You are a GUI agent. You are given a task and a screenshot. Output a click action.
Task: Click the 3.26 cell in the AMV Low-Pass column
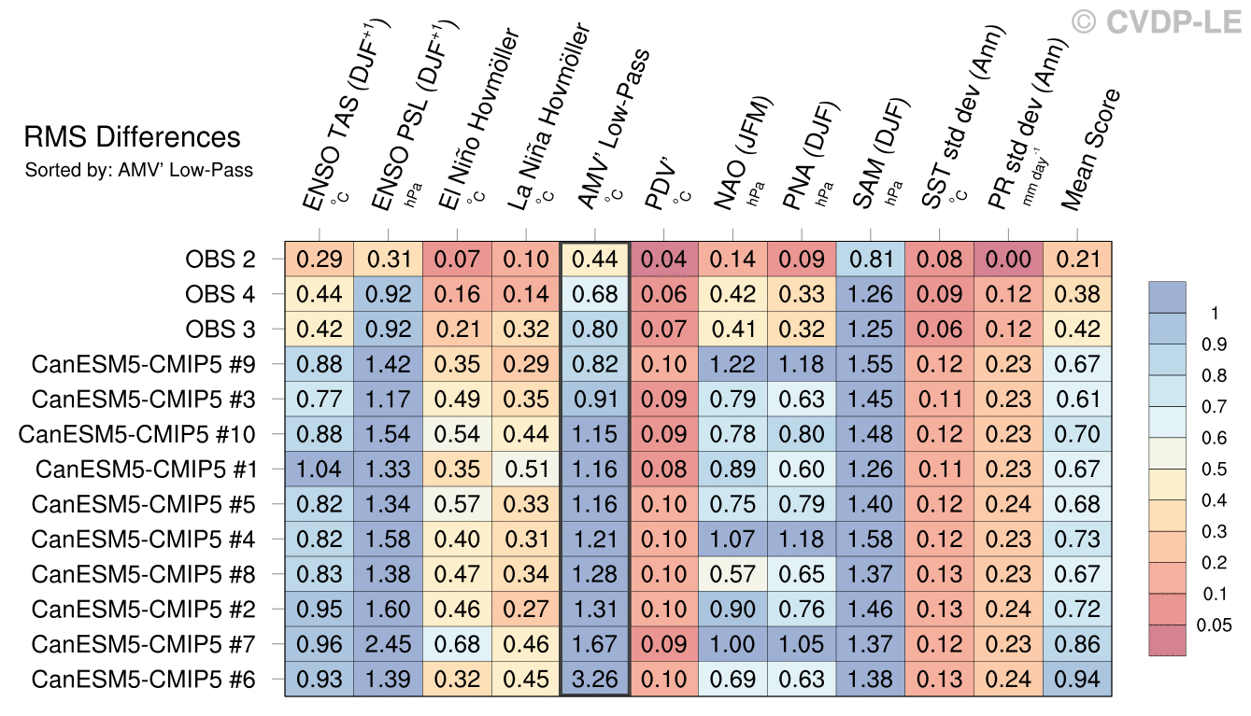click(x=595, y=680)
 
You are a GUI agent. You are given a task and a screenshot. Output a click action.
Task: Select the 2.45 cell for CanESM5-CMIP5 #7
click(x=389, y=644)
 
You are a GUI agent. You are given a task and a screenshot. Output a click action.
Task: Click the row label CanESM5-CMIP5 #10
click(x=136, y=434)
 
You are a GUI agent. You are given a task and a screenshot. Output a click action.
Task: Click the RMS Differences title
click(x=133, y=138)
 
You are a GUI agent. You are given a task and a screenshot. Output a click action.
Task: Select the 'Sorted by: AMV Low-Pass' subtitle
click(x=139, y=171)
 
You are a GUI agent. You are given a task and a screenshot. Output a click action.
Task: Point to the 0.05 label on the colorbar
click(x=1214, y=625)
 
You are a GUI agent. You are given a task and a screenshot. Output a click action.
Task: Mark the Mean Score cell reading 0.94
click(x=1077, y=680)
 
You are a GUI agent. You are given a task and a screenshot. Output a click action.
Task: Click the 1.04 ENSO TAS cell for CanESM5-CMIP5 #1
click(x=320, y=470)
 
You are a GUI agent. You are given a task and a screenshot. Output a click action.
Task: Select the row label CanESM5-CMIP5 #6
click(x=144, y=680)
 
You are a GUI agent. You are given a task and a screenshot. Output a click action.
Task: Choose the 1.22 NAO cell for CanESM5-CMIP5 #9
click(x=733, y=365)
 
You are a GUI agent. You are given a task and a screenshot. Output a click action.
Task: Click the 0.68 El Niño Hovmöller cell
click(x=457, y=644)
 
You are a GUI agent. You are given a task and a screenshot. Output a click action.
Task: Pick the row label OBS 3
click(x=220, y=330)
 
